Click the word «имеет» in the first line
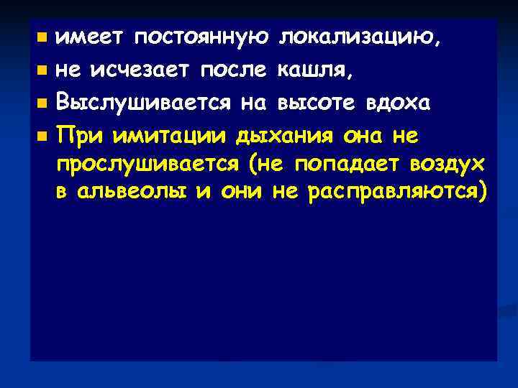(x=83, y=37)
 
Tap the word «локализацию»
(x=360, y=37)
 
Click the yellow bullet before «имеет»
(x=42, y=38)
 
